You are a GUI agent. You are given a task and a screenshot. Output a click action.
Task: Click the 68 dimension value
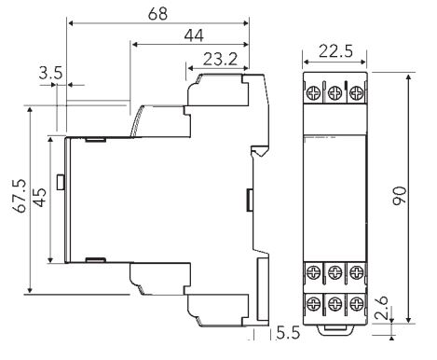(x=157, y=14)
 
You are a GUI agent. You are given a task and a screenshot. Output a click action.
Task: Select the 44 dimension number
(x=194, y=35)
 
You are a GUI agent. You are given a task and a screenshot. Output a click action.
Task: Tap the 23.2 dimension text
(x=220, y=59)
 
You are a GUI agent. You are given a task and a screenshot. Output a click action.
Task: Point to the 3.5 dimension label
(x=50, y=74)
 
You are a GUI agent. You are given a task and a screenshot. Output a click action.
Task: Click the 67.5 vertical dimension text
(x=20, y=196)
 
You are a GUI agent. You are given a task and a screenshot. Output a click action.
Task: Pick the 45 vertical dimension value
(x=40, y=198)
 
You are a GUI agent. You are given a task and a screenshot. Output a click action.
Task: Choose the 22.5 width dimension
(x=335, y=51)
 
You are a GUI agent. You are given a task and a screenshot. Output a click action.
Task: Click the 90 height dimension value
(x=400, y=196)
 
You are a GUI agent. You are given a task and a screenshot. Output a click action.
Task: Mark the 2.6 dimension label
(x=381, y=308)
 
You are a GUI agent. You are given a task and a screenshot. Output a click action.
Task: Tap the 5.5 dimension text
(x=289, y=333)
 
